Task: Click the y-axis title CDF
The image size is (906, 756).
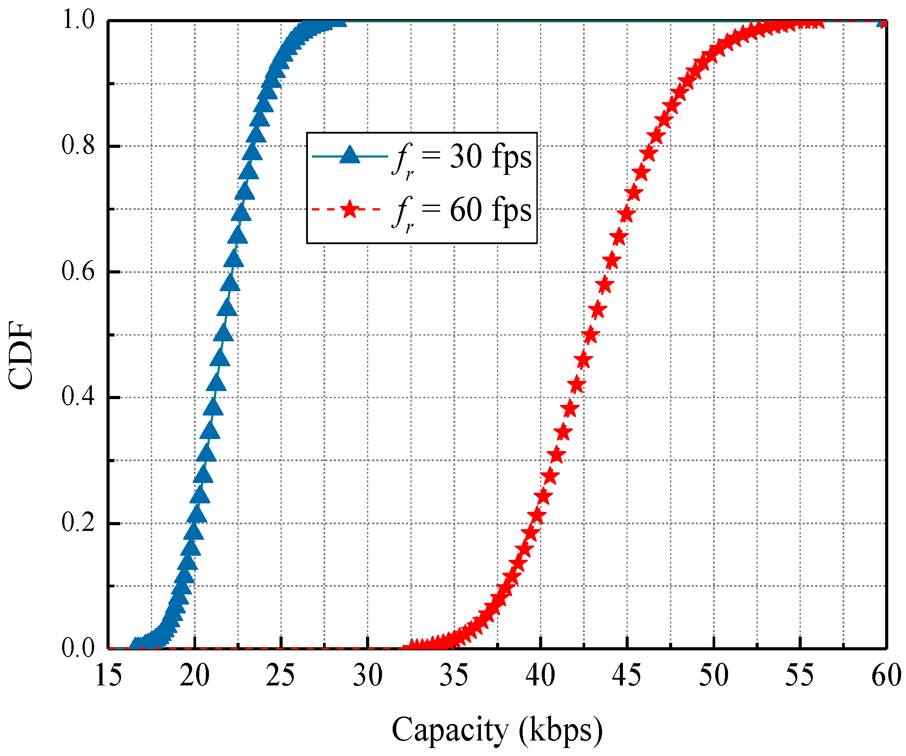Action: [x=21, y=356]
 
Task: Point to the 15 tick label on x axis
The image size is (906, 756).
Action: [x=108, y=676]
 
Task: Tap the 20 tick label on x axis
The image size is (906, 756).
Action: [x=194, y=676]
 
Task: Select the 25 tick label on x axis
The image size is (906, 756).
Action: [x=280, y=676]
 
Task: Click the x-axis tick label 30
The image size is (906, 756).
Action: [x=367, y=676]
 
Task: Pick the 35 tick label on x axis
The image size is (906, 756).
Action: [x=453, y=676]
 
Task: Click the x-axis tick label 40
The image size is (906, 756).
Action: [x=540, y=676]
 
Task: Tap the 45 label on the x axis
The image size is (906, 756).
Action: [x=626, y=676]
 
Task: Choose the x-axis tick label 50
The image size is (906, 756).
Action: [x=713, y=676]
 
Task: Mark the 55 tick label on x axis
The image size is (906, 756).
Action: [x=800, y=676]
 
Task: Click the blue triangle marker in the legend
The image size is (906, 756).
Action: [x=350, y=155]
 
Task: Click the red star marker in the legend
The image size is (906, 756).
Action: [x=350, y=209]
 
